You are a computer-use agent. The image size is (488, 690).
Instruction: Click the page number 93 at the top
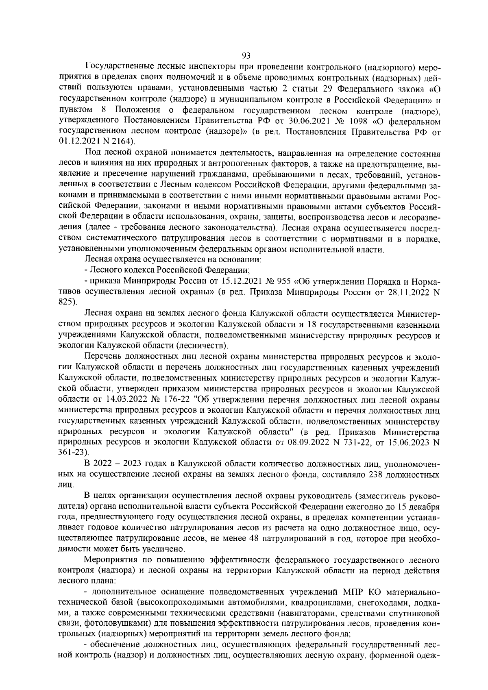[246, 56]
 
